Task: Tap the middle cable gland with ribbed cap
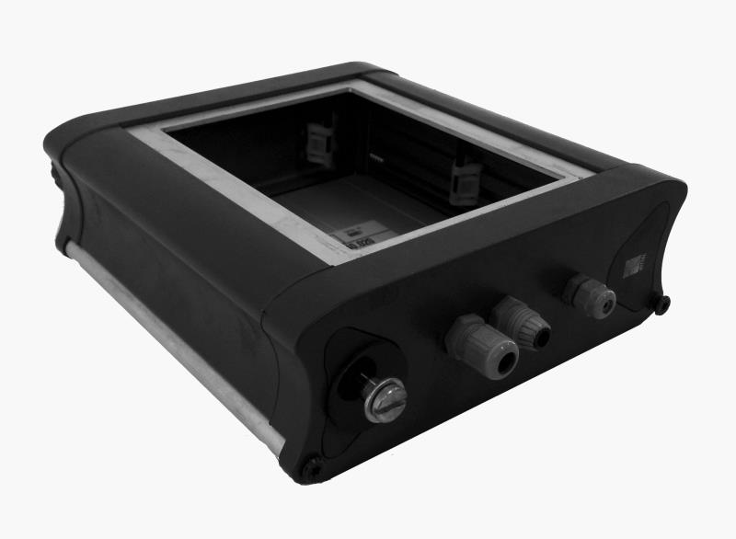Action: (x=522, y=323)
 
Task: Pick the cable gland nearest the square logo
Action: (x=589, y=294)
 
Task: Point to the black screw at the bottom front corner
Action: (x=314, y=469)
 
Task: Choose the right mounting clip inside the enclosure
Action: (x=465, y=178)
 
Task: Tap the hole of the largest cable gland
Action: (x=500, y=365)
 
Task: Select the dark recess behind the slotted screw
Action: (x=354, y=368)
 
